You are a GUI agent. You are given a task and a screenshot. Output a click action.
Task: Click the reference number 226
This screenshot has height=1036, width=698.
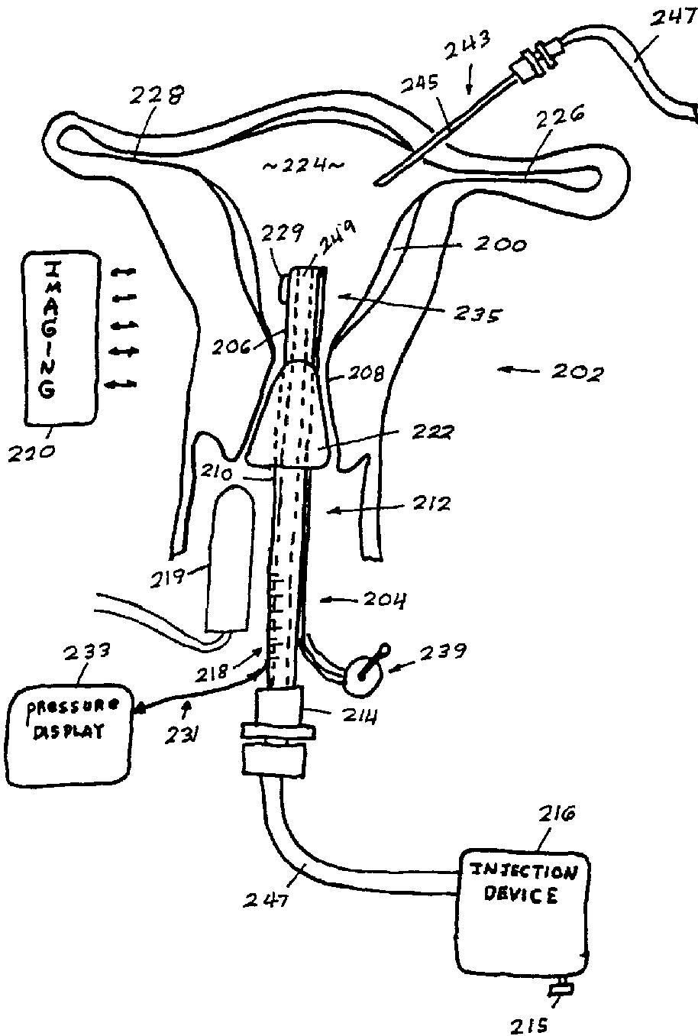tap(561, 115)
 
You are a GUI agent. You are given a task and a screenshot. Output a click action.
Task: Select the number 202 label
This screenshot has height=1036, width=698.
tap(577, 374)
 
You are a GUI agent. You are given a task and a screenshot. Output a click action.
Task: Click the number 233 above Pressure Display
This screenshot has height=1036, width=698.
tap(86, 651)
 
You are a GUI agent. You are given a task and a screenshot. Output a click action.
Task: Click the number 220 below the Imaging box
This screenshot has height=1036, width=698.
tap(32, 452)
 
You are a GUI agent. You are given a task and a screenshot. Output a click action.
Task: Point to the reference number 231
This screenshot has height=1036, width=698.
tap(184, 734)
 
